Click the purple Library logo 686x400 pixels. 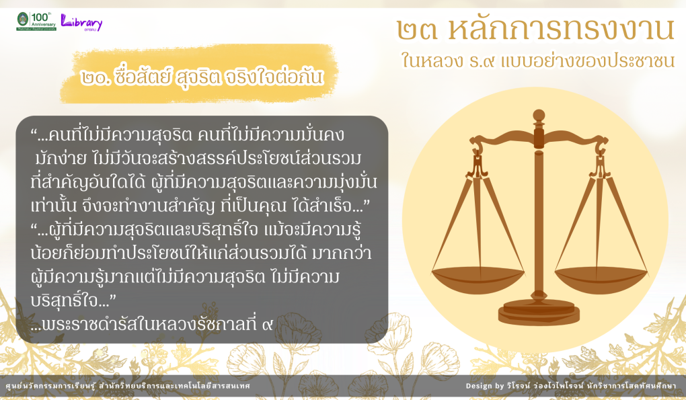(x=81, y=22)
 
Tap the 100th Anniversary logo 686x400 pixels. (x=43, y=20)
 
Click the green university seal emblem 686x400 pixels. (x=23, y=19)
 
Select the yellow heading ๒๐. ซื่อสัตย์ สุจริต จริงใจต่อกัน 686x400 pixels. (x=202, y=77)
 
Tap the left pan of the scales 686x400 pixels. (x=478, y=280)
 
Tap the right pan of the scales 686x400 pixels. (x=601, y=280)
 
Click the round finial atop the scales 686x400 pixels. (x=539, y=116)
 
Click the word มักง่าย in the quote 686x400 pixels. (x=61, y=158)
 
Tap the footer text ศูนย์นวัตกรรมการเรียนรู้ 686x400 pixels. (x=50, y=386)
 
